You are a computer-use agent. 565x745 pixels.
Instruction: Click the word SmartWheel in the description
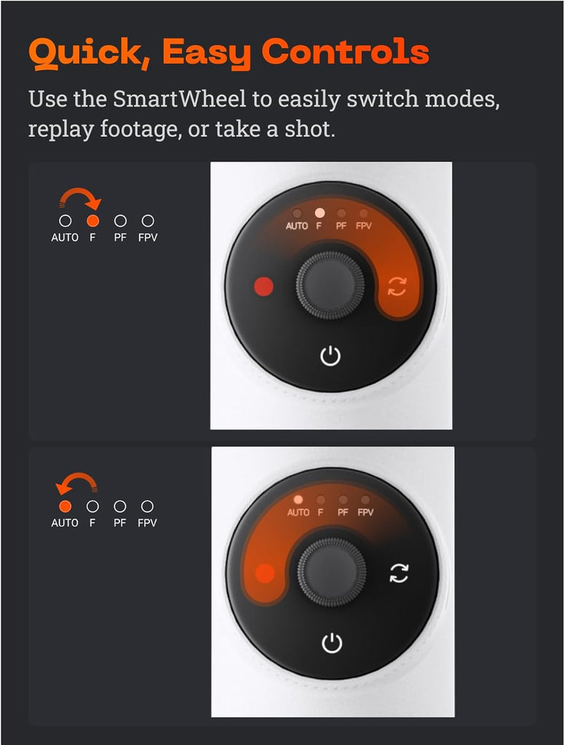[x=179, y=99]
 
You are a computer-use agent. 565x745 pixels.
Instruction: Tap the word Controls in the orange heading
[x=345, y=52]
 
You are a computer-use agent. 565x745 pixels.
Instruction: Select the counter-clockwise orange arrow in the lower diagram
[x=76, y=483]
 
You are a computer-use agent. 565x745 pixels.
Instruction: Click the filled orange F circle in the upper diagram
[x=92, y=220]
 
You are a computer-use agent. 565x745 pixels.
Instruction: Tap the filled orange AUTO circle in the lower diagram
[x=65, y=506]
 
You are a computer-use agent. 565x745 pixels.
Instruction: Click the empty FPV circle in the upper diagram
[x=148, y=220]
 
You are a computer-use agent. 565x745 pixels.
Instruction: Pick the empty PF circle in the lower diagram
[x=120, y=506]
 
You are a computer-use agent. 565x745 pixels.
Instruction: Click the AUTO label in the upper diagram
[x=65, y=238]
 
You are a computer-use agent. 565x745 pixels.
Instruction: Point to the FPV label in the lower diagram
[x=147, y=522]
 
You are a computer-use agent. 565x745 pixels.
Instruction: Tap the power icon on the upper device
[x=331, y=356]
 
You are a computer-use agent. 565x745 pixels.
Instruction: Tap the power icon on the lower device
[x=332, y=643]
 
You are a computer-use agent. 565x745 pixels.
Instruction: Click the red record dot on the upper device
[x=264, y=287]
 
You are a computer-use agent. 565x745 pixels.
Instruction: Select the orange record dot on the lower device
[x=265, y=573]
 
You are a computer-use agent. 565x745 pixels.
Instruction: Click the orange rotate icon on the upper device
[x=397, y=286]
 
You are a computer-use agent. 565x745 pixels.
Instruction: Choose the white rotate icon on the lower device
[x=398, y=573]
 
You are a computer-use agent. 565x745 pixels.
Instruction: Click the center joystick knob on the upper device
[x=331, y=285]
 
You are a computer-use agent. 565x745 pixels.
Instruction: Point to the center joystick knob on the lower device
[x=332, y=572]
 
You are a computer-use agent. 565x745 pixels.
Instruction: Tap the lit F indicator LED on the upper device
[x=320, y=212]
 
